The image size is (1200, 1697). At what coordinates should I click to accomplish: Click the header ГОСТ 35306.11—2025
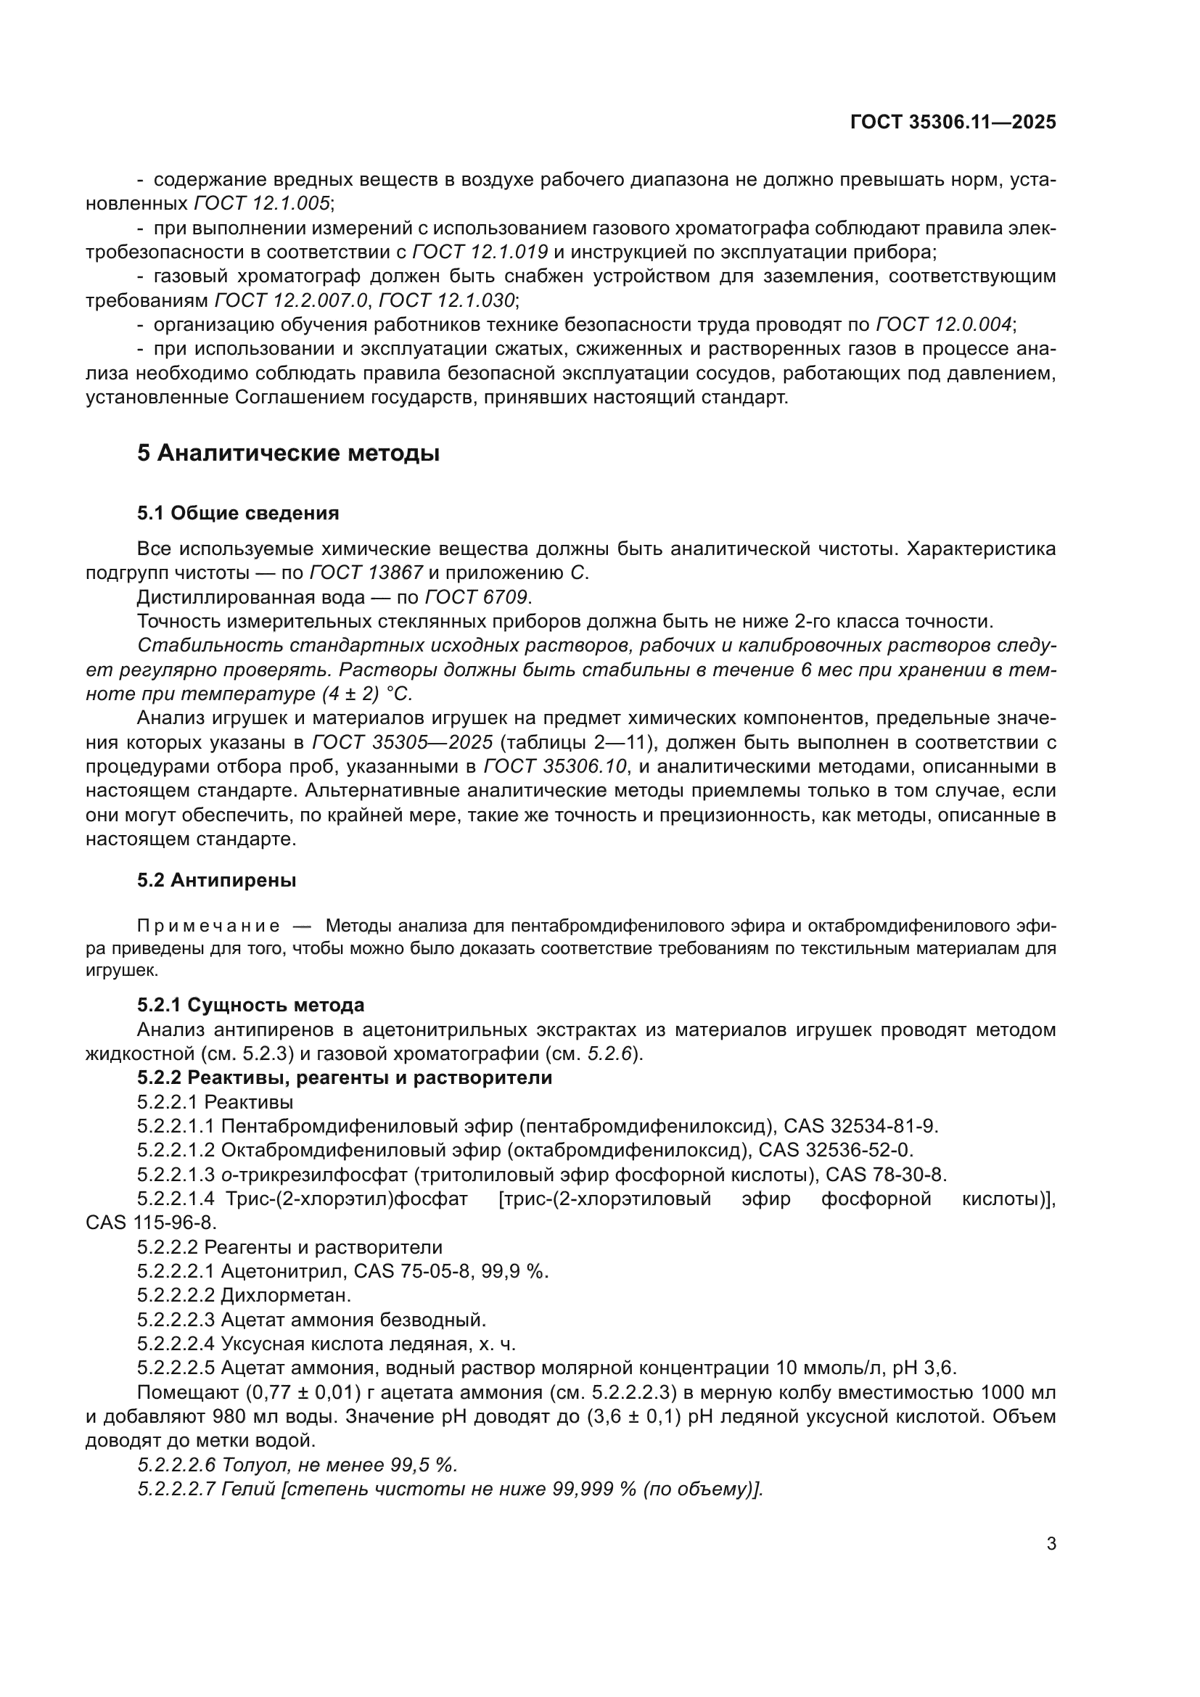[x=953, y=122]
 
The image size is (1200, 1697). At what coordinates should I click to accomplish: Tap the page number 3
[x=1051, y=1544]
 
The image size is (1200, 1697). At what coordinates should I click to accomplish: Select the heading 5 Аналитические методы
[x=288, y=453]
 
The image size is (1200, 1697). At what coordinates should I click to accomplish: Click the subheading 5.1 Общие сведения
[x=238, y=513]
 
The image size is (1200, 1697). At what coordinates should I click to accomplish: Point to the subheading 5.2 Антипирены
[x=216, y=880]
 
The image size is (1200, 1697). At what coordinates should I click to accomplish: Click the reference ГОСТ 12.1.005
[x=263, y=203]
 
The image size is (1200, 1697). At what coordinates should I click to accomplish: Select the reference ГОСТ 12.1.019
[x=480, y=252]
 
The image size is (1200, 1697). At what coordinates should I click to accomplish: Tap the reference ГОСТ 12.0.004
[x=944, y=324]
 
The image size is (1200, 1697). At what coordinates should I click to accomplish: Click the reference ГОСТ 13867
[x=366, y=573]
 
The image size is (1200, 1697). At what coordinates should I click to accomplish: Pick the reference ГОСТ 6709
[x=477, y=597]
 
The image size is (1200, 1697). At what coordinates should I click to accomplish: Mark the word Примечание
[x=208, y=926]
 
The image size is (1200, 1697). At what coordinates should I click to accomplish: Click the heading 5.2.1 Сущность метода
[x=250, y=1005]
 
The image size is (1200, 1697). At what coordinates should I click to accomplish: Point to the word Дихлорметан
[x=286, y=1295]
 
